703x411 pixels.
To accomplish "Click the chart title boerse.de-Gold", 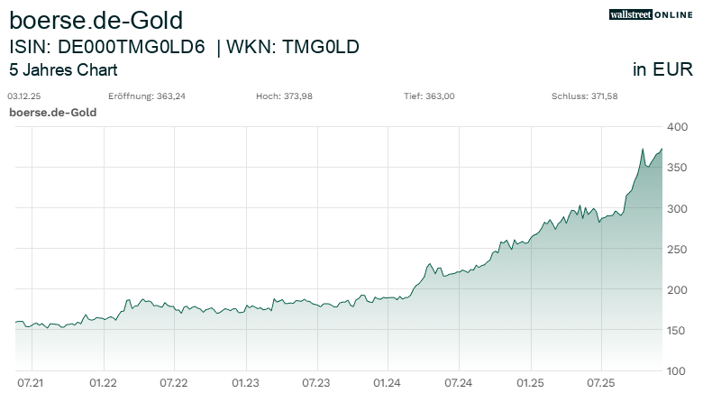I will pyautogui.click(x=96, y=19).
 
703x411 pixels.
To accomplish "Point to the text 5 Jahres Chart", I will pyautogui.click(x=63, y=70).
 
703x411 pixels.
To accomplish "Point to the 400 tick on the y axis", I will pyautogui.click(x=678, y=127).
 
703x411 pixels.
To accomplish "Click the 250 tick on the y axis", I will pyautogui.click(x=678, y=249).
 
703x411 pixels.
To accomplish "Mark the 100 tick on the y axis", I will pyautogui.click(x=678, y=371).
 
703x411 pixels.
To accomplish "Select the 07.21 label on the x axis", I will pyautogui.click(x=32, y=383).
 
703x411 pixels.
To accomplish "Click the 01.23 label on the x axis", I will pyautogui.click(x=245, y=383).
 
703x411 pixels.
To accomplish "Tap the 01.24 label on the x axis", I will pyautogui.click(x=387, y=383).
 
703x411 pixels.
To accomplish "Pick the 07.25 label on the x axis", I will pyautogui.click(x=600, y=383).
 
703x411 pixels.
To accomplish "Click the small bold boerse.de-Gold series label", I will pyautogui.click(x=52, y=113).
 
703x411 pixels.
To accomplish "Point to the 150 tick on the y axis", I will pyautogui.click(x=678, y=331).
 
